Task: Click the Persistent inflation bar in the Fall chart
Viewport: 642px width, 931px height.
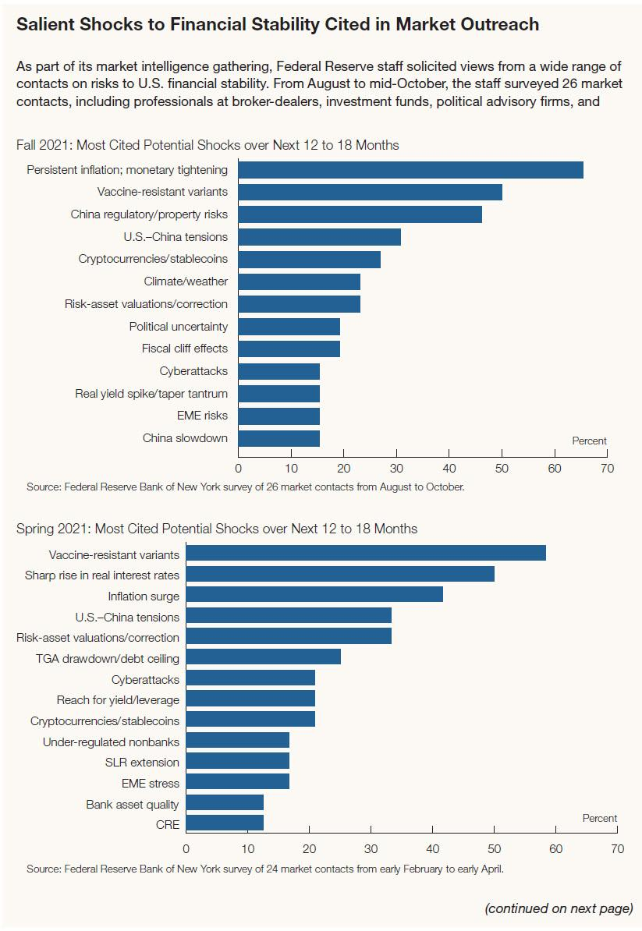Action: coord(410,170)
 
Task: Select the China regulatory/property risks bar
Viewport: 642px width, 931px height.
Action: coord(360,214)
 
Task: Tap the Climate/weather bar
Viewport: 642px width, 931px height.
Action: coord(299,281)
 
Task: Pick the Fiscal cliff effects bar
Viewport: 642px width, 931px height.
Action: coord(289,349)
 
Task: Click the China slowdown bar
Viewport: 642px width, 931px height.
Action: coord(278,438)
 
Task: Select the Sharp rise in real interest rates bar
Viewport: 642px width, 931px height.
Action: coord(340,575)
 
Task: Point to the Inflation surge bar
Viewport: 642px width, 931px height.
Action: coord(314,596)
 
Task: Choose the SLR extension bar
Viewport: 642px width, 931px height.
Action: coord(237,762)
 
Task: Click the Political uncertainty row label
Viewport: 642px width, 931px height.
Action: coord(179,326)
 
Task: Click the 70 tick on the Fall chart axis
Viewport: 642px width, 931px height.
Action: coord(608,469)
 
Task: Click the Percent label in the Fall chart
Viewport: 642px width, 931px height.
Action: coord(589,441)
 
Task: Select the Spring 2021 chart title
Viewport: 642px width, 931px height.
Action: coord(217,529)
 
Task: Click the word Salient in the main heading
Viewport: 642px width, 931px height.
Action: coord(47,24)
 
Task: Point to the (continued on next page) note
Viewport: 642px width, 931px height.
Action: coord(559,908)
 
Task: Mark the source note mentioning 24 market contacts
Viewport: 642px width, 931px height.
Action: coord(265,869)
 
